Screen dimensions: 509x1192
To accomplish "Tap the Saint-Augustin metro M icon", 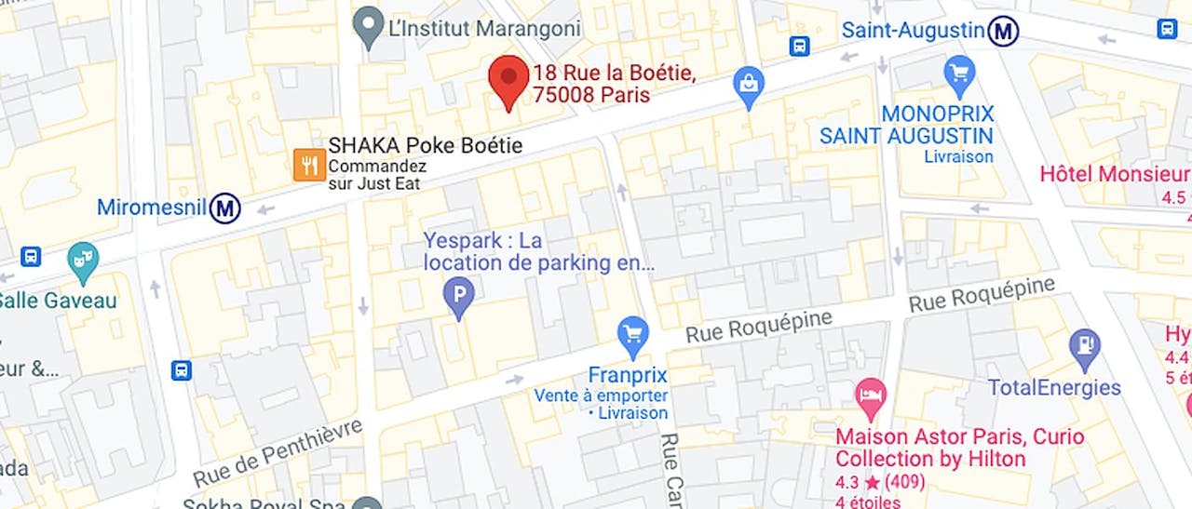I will (x=1003, y=32).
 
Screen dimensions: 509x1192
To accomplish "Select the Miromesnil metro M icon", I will (x=224, y=208).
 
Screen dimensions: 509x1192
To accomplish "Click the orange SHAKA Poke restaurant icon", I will (x=309, y=165).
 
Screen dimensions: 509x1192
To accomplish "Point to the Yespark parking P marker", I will (x=457, y=298).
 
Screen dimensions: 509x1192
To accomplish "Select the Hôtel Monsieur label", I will (x=1115, y=174).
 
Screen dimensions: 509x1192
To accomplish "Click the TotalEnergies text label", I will (x=1054, y=388).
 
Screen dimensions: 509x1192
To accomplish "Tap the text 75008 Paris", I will (x=591, y=95).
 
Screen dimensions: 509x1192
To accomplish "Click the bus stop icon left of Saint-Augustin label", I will (x=799, y=46).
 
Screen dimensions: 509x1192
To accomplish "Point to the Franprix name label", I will (x=628, y=375).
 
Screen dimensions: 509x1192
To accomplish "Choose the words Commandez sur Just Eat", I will (x=377, y=175).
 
